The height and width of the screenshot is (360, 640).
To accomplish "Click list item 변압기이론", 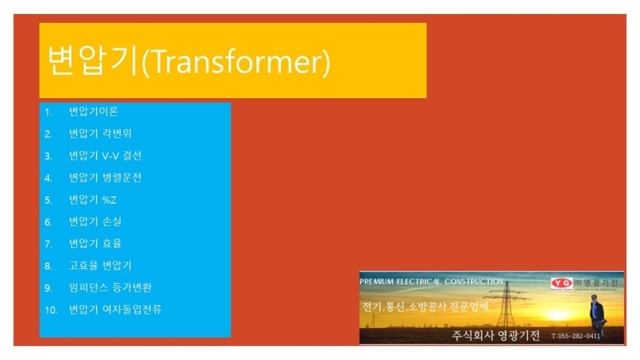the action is coord(93,111).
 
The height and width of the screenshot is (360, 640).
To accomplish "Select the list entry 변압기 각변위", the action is coord(100,133).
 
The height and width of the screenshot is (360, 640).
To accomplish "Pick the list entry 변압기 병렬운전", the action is coord(105,177).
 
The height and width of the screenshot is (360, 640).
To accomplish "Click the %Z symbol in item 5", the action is coord(109,200).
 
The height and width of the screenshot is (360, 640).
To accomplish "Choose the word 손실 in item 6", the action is coord(112,221).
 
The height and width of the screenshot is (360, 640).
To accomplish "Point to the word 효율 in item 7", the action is coord(112,243).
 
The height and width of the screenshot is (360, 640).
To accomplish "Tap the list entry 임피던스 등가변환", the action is coord(110,287).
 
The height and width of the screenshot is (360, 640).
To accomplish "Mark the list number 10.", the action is coord(51,310).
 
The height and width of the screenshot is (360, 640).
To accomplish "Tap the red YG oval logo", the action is coord(562,283).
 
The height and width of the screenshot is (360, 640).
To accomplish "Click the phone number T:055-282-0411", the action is coord(576,336).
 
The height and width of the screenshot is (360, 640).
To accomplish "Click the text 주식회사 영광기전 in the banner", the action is coord(496,335).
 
